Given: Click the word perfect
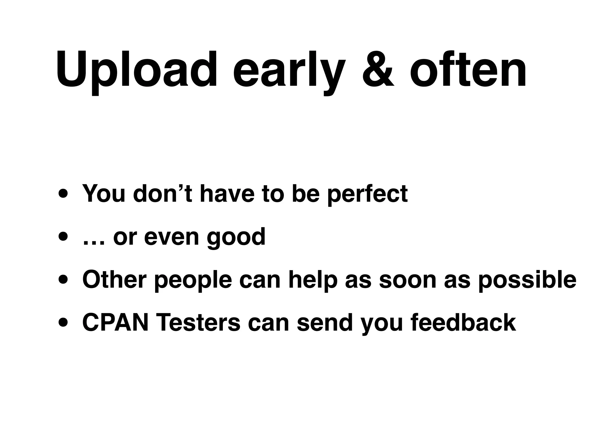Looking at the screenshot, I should pos(367,194).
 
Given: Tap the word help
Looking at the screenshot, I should pos(313,280).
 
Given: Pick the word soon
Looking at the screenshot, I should pos(408,280).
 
